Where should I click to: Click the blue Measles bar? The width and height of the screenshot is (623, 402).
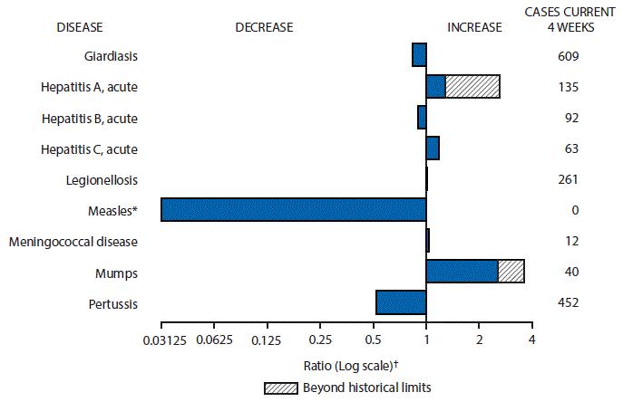click(293, 209)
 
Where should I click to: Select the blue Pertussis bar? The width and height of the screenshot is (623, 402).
click(401, 302)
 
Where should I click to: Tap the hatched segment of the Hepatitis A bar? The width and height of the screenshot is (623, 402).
click(472, 86)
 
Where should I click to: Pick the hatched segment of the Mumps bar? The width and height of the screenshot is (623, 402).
click(511, 271)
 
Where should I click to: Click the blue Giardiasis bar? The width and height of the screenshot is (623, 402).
click(419, 55)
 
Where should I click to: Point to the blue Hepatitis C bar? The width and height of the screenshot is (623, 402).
click(433, 148)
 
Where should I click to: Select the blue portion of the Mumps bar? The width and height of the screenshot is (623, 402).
click(462, 271)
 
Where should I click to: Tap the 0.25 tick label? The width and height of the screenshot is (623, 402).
click(319, 340)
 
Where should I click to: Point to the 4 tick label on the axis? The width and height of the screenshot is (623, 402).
click(531, 340)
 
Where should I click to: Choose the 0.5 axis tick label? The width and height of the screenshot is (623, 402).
click(373, 340)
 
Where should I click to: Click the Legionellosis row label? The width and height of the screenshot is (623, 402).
click(102, 179)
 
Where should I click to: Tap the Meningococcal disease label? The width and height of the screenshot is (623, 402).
click(73, 241)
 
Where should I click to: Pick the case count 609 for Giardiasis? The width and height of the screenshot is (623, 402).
click(568, 56)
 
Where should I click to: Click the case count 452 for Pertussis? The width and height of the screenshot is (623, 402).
click(568, 302)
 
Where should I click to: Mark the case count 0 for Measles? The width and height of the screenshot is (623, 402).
click(568, 210)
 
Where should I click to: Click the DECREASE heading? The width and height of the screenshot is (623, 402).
click(264, 26)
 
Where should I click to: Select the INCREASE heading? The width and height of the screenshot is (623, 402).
click(474, 26)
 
